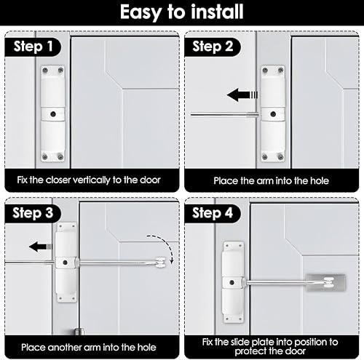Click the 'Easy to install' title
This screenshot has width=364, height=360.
pos(182,12)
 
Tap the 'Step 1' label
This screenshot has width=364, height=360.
pos(33,47)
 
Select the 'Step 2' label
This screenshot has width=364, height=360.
pos(213,47)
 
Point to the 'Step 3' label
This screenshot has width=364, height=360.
pos(33,213)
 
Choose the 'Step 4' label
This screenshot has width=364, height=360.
pos(213,213)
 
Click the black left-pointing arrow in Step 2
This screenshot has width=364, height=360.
pos(242,95)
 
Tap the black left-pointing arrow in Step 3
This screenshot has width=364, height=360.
pos(41,247)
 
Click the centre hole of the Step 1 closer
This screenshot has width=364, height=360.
pos(53,114)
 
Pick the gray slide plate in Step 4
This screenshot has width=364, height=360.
pos(326,283)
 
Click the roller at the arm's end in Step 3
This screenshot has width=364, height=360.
pos(161,263)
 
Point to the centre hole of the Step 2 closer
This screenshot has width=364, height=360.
pos(273,114)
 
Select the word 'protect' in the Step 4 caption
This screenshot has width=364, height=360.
pos(250,351)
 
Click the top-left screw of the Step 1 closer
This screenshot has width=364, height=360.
pos(45,71)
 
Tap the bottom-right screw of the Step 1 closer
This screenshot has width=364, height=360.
pos(60,157)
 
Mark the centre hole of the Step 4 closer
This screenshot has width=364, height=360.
pos(232,283)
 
